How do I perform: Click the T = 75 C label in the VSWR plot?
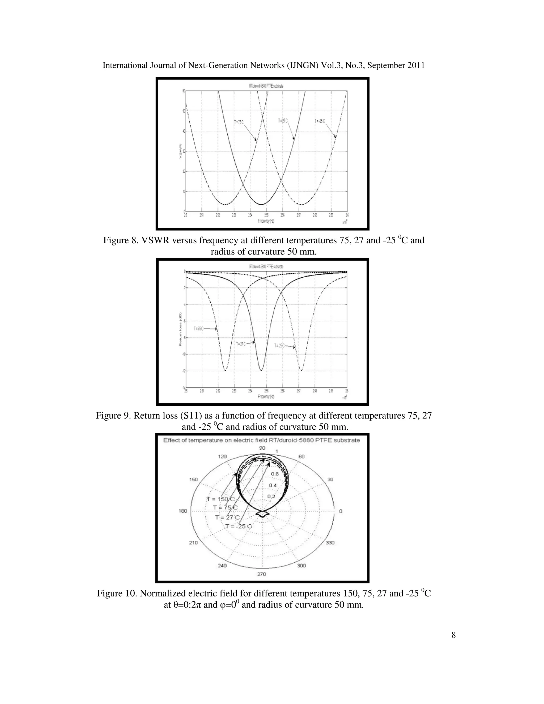pos(239,122)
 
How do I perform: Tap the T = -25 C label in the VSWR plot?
pos(320,121)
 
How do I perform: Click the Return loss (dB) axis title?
pos(181,329)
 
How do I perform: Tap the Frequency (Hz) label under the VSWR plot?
pos(266,221)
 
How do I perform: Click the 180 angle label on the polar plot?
pos(183,511)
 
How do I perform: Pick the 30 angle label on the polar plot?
pos(330,479)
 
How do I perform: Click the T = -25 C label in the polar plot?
pos(238,526)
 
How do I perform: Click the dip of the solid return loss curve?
pos(261,370)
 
